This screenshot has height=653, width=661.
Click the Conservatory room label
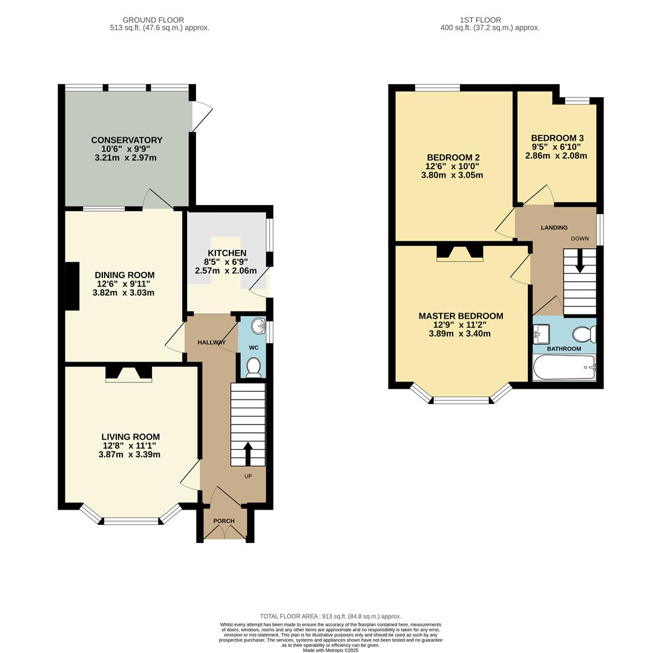(x=127, y=140)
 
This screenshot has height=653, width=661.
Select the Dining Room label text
(x=123, y=275)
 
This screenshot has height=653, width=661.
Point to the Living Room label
(x=130, y=437)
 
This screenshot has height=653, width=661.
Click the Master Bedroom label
(x=461, y=316)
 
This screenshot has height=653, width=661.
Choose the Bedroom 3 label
(x=557, y=138)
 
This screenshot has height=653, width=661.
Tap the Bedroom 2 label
(x=453, y=157)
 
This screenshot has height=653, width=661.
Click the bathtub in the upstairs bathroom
(x=564, y=368)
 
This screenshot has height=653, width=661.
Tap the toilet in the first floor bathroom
(x=585, y=334)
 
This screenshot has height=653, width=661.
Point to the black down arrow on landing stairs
(x=580, y=262)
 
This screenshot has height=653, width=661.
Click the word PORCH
(x=224, y=521)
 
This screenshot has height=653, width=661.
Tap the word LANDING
(x=554, y=228)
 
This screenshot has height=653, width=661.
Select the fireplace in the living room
(x=128, y=374)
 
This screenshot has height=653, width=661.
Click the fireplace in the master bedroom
(x=460, y=253)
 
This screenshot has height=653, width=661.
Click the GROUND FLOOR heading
(x=153, y=20)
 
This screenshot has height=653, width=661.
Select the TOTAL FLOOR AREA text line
(x=330, y=616)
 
